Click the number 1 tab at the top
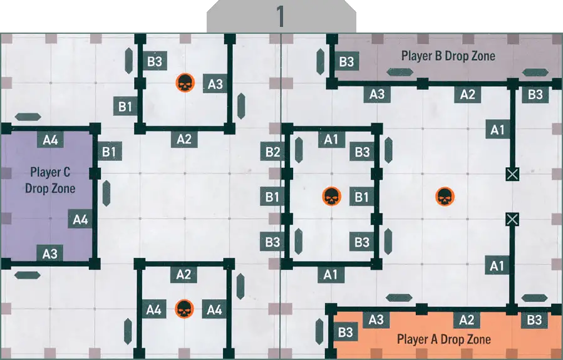click(x=281, y=17)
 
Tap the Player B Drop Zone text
click(x=448, y=56)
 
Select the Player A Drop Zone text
click(x=444, y=339)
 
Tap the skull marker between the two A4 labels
click(x=183, y=309)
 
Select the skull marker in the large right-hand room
click(x=444, y=197)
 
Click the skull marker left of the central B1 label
click(x=331, y=197)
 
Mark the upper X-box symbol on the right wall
click(x=512, y=173)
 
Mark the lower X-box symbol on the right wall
click(x=512, y=219)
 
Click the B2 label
click(x=272, y=152)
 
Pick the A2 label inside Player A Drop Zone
click(x=467, y=320)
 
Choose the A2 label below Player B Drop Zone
click(x=467, y=95)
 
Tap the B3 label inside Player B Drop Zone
click(x=346, y=61)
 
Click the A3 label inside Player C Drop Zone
click(x=50, y=254)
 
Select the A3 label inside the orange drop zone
click(x=376, y=320)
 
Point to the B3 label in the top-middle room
click(x=155, y=61)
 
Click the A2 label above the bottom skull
click(x=183, y=274)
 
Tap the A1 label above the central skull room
click(x=331, y=139)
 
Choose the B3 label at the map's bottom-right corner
click(x=534, y=320)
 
